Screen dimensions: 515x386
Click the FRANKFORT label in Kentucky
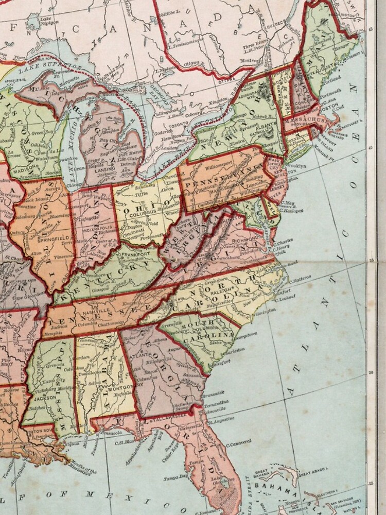[135, 254]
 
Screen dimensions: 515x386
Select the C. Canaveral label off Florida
[238, 442]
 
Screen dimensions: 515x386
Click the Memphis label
[52, 334]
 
